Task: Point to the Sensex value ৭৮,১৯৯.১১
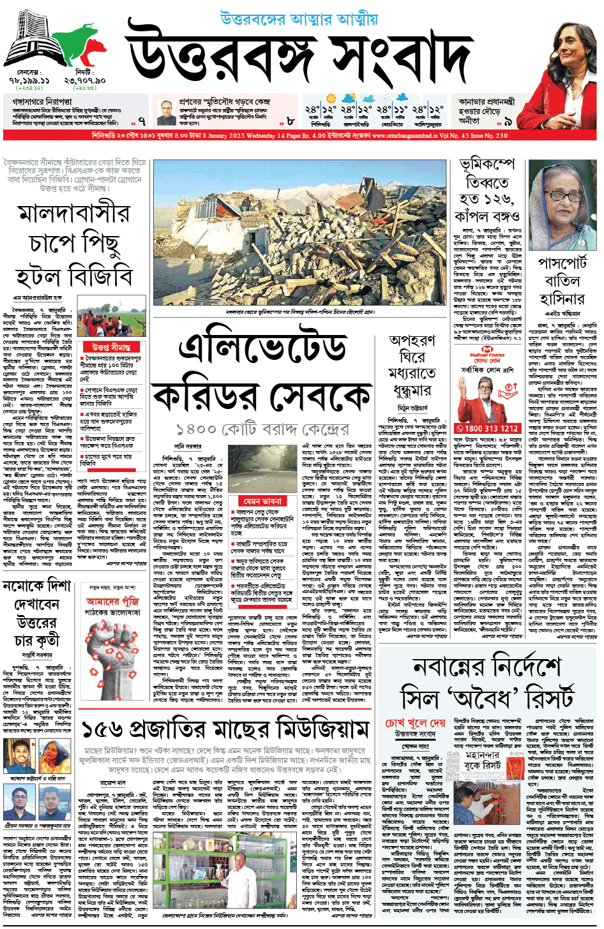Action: (29, 82)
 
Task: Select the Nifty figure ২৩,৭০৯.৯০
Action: (84, 82)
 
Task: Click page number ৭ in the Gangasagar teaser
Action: (142, 120)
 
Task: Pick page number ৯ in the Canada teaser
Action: (508, 121)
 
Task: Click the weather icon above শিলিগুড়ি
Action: (331, 99)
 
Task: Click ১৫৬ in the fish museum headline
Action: (103, 729)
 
